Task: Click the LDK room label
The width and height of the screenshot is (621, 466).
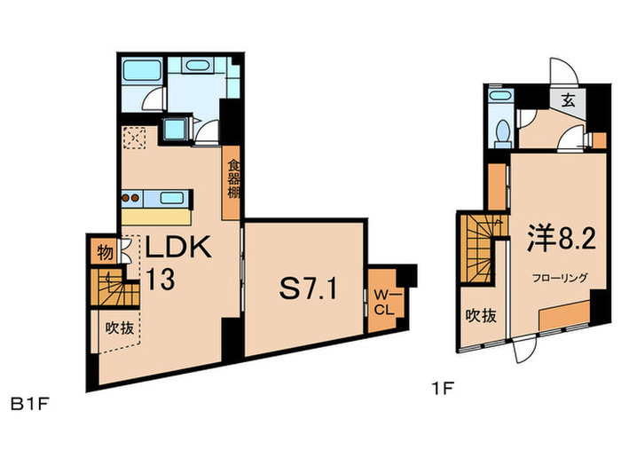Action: coord(178,248)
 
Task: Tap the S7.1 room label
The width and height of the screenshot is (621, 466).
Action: coord(309,288)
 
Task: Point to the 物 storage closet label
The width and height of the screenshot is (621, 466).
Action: coord(105,252)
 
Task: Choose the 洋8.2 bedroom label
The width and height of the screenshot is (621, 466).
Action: coord(562,239)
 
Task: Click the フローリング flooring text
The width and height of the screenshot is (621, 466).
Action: coord(560,278)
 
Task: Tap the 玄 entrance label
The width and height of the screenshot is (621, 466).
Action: coord(569,101)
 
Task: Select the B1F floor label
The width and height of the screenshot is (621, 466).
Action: coord(29,405)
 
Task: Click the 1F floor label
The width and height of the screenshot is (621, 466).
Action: coord(442,389)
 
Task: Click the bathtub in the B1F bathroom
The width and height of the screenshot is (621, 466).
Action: coord(142,70)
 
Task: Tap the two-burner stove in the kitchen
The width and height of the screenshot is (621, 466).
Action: coord(130,198)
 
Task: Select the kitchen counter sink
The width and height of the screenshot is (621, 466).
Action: coord(171,197)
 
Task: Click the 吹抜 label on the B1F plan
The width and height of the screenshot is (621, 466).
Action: coord(119,328)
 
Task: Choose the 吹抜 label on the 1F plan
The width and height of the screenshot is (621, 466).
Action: coord(481,316)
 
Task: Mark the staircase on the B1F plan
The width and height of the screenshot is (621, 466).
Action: coord(115,288)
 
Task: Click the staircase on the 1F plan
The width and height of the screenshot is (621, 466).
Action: coord(477,249)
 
